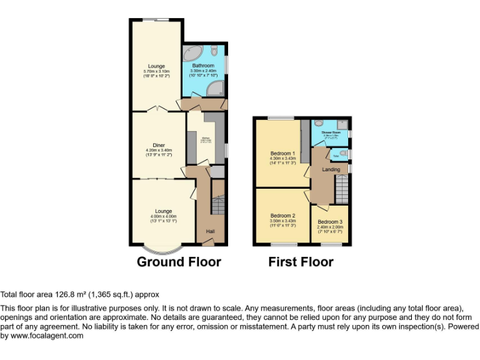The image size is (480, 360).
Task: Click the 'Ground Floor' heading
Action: [x=179, y=262]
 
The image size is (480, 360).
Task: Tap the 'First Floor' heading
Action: [x=301, y=262]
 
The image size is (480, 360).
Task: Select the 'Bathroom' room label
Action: [x=203, y=66]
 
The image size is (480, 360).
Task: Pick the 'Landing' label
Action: [x=331, y=169]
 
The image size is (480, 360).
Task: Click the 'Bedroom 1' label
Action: [x=281, y=153]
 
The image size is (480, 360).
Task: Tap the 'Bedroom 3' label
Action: [x=330, y=222]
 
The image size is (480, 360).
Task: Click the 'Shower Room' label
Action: [x=331, y=132]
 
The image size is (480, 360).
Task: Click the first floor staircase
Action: [x=341, y=188]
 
